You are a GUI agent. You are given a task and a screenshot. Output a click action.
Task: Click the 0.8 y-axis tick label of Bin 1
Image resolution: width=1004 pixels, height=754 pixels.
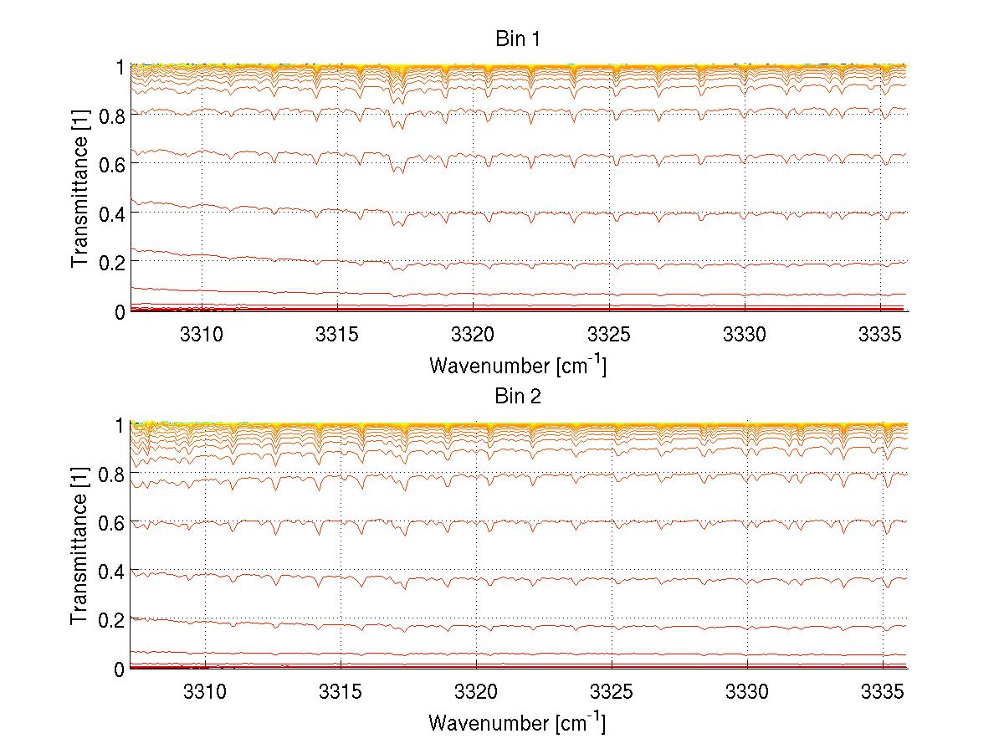[x=111, y=115]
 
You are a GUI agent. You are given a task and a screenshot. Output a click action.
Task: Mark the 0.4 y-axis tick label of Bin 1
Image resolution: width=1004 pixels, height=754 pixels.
[x=111, y=213]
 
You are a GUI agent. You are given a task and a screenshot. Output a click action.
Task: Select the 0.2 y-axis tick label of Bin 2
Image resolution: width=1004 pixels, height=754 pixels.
[x=111, y=619]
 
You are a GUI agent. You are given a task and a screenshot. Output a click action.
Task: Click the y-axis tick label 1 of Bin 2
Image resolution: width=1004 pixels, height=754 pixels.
[x=120, y=424]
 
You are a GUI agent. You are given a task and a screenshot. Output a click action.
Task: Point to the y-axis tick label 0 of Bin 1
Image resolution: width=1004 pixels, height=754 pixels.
[x=120, y=311]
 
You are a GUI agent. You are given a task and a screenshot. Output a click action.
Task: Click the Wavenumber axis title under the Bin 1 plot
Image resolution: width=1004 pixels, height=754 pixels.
[x=517, y=365]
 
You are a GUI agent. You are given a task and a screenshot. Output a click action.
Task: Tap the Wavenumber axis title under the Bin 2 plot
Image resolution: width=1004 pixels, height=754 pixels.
[x=517, y=722]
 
